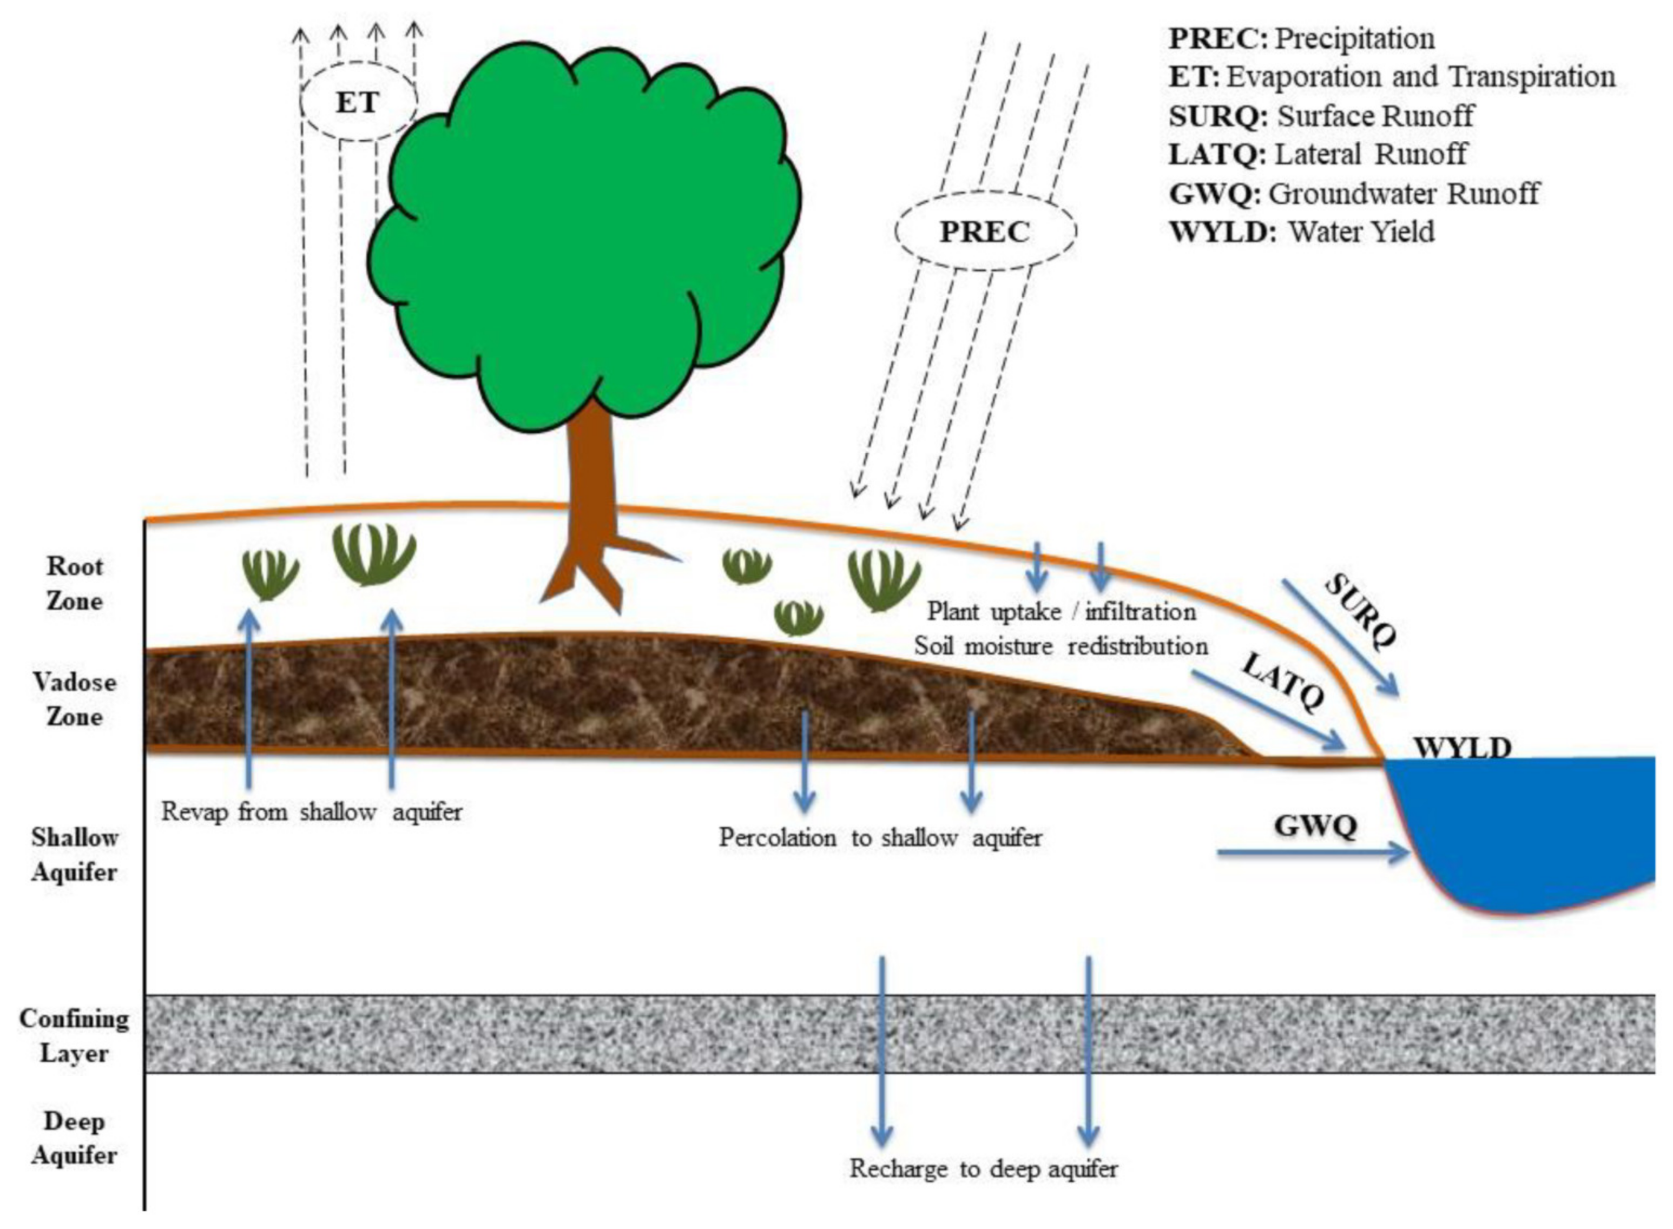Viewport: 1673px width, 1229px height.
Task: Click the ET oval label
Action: pyautogui.click(x=358, y=102)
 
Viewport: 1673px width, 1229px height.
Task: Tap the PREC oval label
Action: pyautogui.click(x=985, y=232)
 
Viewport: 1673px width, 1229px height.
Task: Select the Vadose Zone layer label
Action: pyautogui.click(x=75, y=699)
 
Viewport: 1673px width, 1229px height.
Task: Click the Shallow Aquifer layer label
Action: pyautogui.click(x=75, y=854)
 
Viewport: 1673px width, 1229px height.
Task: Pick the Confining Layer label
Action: pyautogui.click(x=75, y=1035)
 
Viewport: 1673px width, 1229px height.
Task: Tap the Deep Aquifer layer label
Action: pyautogui.click(x=75, y=1138)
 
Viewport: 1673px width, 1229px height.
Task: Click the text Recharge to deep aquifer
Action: pyautogui.click(x=984, y=1169)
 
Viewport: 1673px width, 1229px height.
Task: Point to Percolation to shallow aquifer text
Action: pyautogui.click(x=880, y=838)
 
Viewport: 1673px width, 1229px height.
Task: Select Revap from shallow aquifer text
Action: pyautogui.click(x=312, y=811)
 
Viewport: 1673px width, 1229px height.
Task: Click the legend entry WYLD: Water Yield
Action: pyautogui.click(x=1301, y=232)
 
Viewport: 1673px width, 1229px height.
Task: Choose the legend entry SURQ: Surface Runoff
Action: pyautogui.click(x=1321, y=116)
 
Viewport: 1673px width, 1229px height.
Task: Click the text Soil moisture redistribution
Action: pyautogui.click(x=1061, y=646)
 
